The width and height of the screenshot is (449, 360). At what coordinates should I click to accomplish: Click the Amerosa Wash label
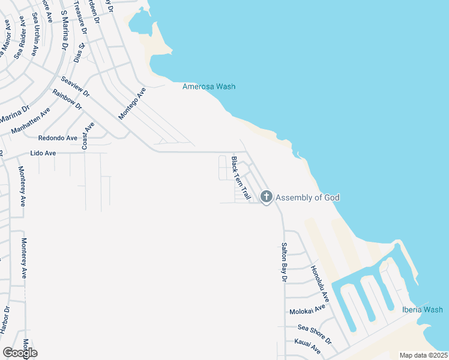coord(208,86)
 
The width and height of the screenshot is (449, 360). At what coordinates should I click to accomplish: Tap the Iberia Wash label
coord(422,310)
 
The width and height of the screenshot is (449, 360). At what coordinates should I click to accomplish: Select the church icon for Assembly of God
coord(267,197)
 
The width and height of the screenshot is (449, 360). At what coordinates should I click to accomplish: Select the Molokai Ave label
coord(307,310)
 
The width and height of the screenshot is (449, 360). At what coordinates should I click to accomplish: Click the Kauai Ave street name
coord(308,347)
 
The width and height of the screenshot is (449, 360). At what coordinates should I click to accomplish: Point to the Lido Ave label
coord(43,154)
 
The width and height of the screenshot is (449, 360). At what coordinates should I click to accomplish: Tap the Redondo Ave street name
coord(58,137)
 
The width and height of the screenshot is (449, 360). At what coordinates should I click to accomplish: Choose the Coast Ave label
coord(89,137)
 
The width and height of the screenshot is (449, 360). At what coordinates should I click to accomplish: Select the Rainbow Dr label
coord(67,98)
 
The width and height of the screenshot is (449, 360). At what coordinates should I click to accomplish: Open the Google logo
coord(20,353)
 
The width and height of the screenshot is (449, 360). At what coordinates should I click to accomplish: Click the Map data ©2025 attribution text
coord(423,355)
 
